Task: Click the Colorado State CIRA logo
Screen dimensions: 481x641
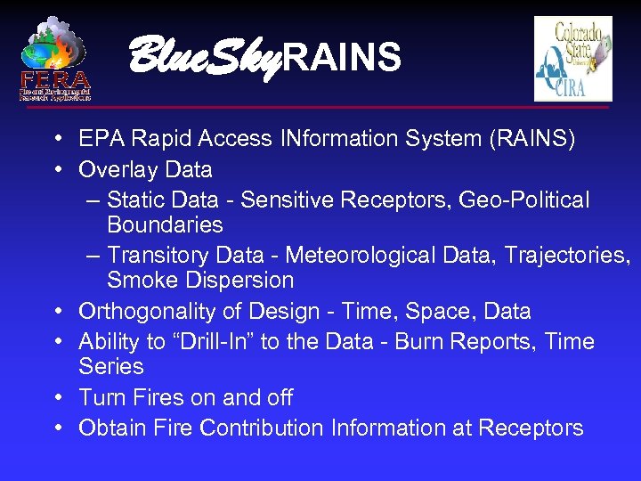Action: (572, 59)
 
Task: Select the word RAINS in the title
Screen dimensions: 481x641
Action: (342, 58)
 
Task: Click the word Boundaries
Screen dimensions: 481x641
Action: (165, 224)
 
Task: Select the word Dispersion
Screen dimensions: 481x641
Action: (239, 281)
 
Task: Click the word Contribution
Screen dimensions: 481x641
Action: (263, 428)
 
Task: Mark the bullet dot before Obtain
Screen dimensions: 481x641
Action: (57, 428)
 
